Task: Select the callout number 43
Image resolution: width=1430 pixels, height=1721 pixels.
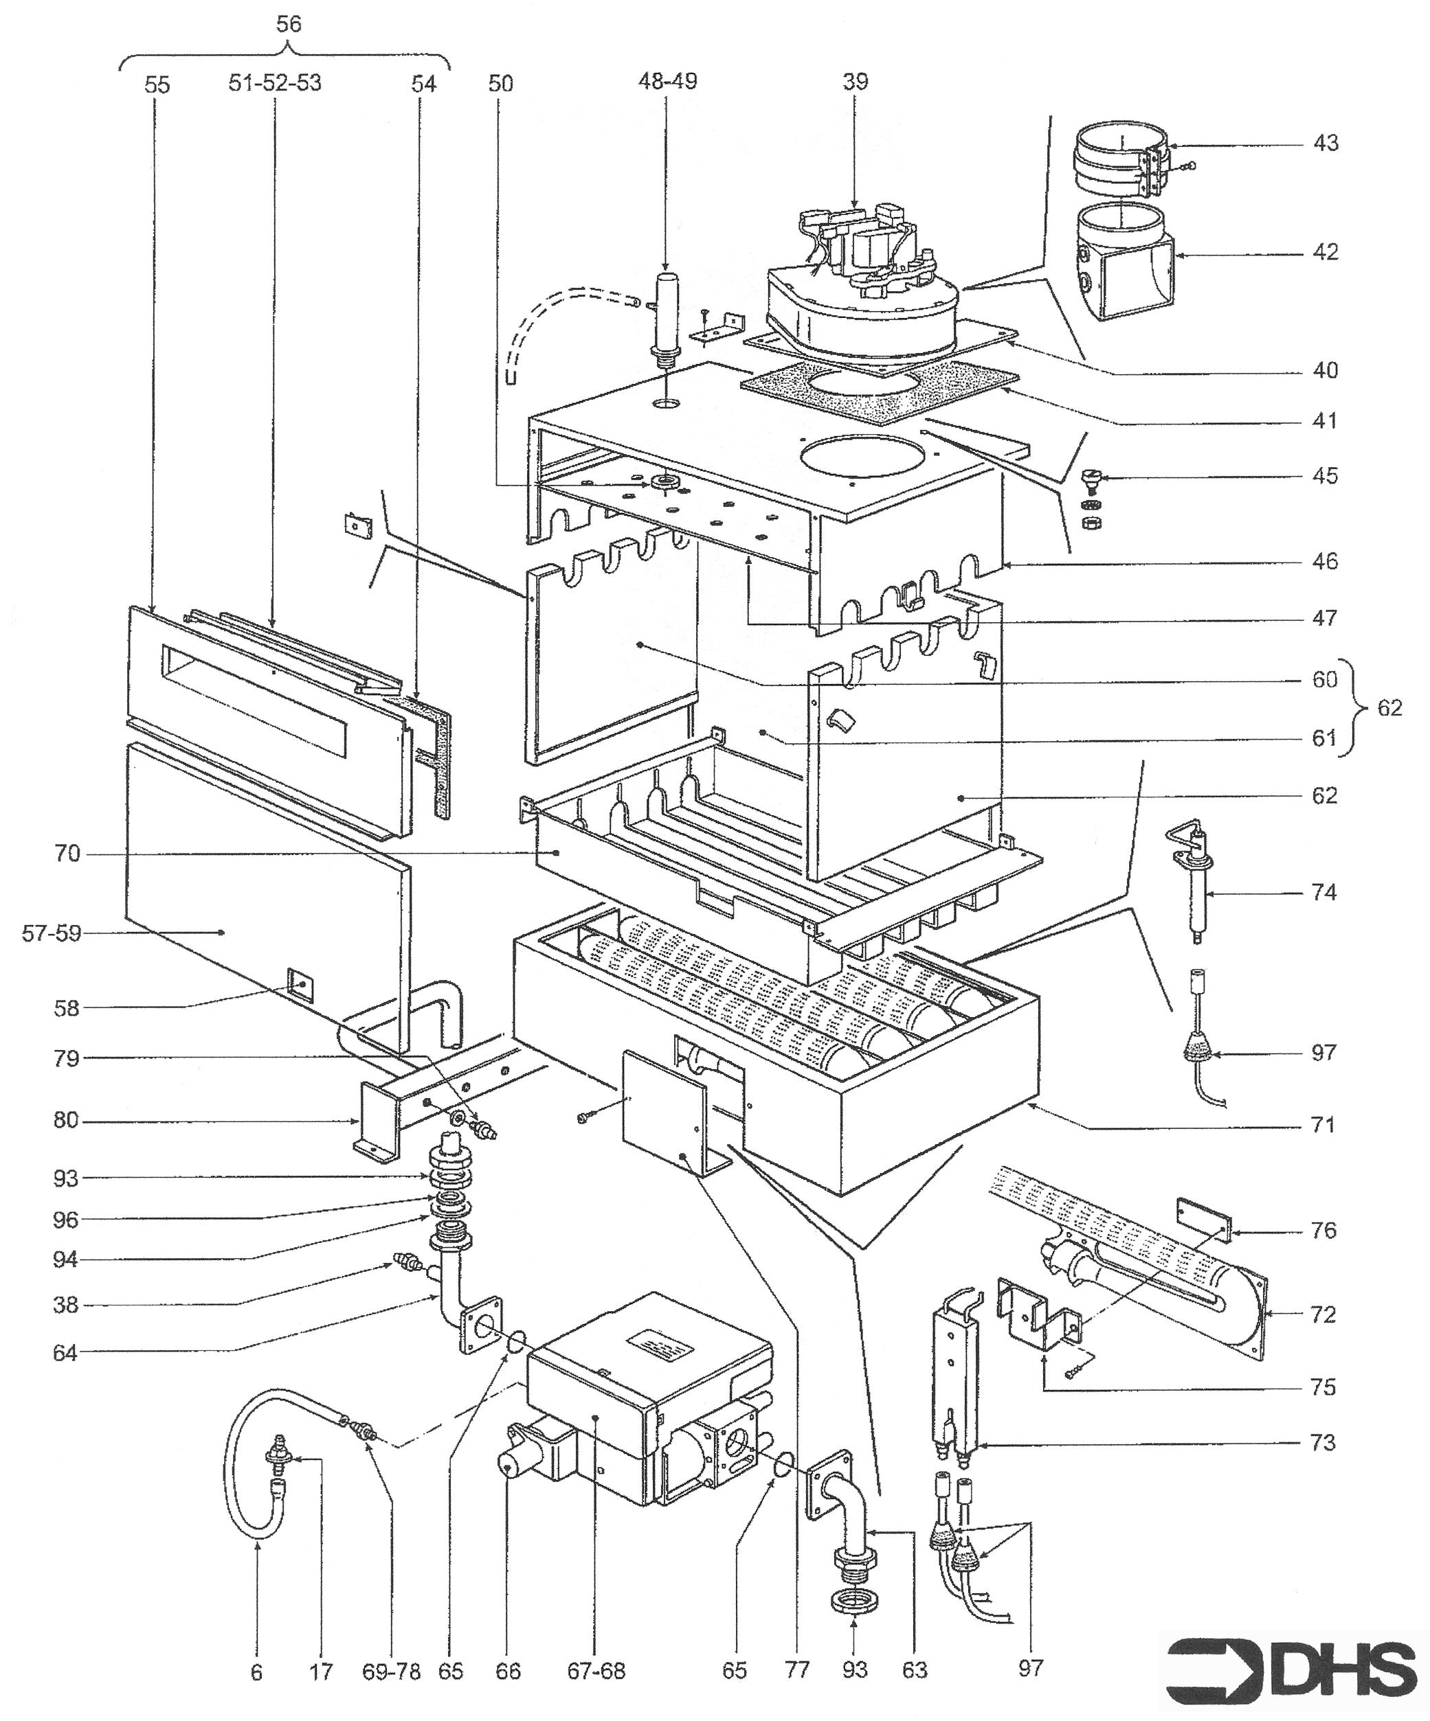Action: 1325,144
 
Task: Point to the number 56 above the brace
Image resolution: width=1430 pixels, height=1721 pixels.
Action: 288,25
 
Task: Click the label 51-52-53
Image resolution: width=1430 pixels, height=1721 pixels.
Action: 275,84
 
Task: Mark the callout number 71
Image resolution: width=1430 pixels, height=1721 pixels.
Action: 1323,1124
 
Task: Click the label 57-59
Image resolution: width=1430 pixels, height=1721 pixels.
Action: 52,933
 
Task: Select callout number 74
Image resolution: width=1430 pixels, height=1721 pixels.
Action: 1323,893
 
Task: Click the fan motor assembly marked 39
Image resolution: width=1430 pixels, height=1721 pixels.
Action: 861,279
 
